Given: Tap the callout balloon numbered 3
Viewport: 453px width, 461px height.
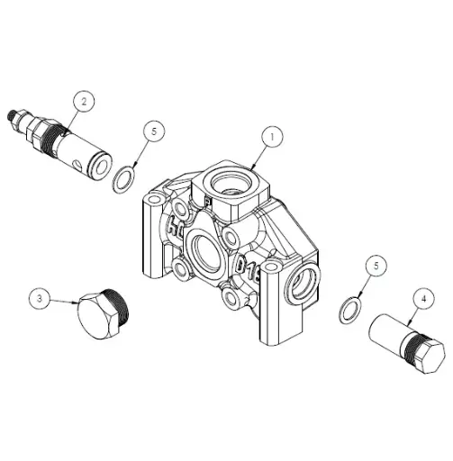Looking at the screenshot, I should click(39, 296).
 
